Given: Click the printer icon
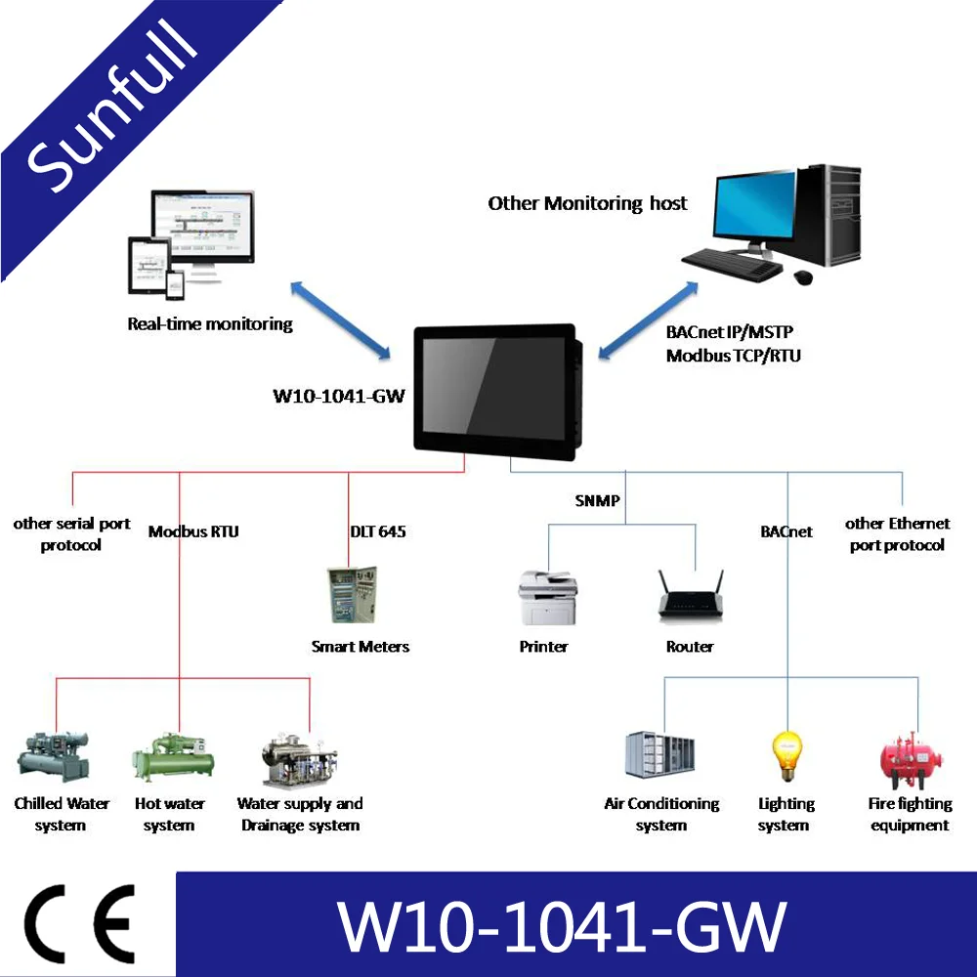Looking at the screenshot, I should pos(547,597).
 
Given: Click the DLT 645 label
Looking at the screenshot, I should pos(378,531).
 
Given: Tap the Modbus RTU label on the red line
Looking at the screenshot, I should pos(193,531).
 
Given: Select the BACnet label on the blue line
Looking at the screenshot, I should pos(786,531).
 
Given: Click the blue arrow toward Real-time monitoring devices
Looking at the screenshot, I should pos(341,318).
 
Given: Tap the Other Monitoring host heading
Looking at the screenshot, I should pos(587,203).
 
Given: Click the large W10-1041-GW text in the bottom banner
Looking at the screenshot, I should pos(561,924).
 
